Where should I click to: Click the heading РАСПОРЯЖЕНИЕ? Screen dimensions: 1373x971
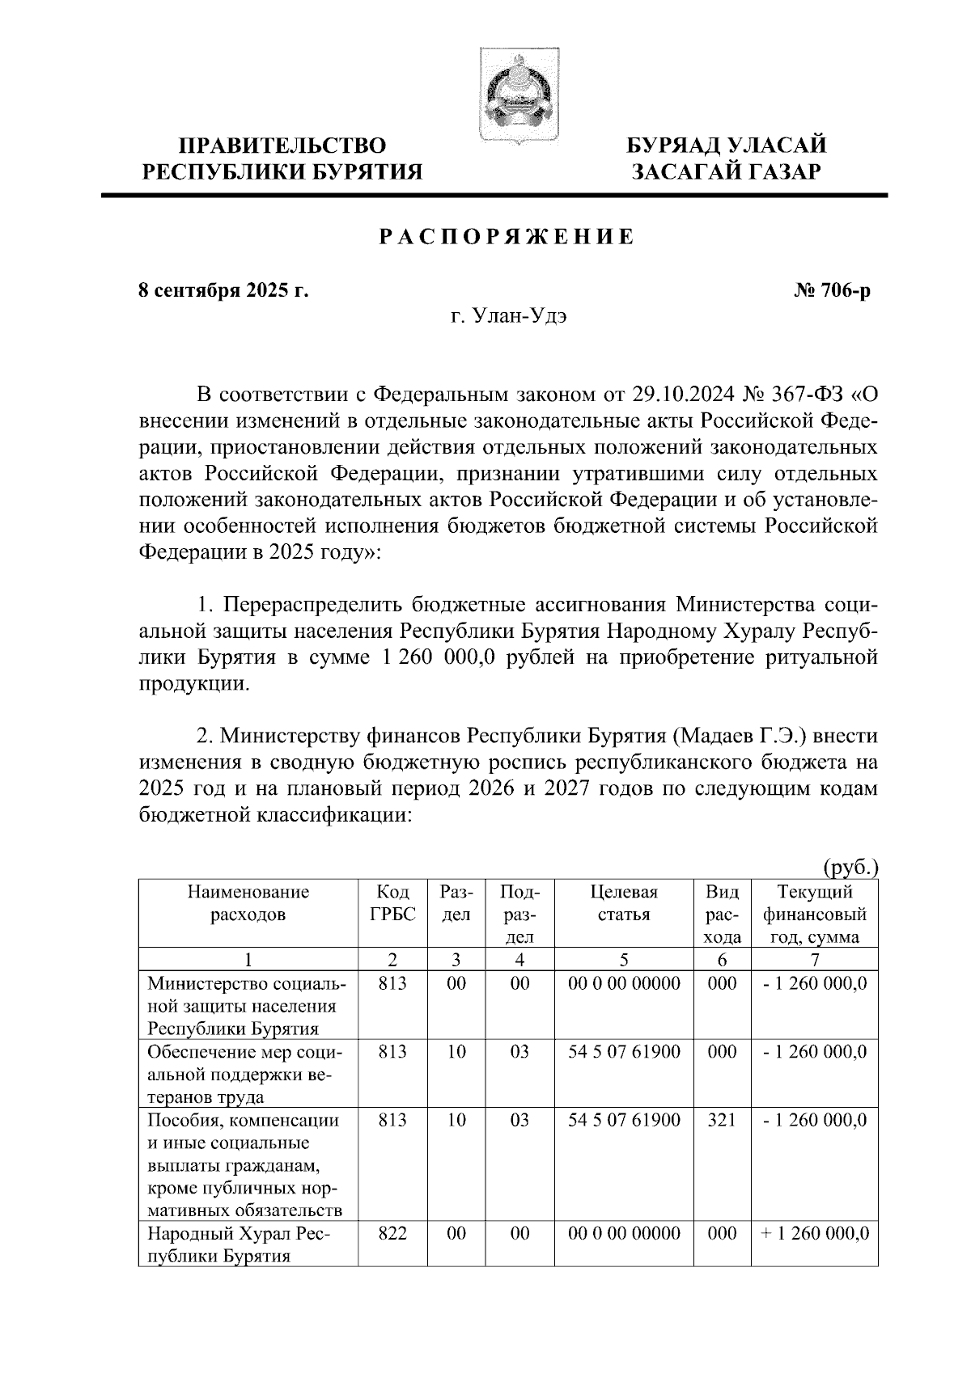coord(507,237)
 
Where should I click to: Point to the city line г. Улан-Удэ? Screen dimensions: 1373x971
coord(508,316)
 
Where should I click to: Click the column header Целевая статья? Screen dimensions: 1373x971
coord(624,903)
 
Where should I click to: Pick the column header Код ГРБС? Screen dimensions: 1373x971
coord(392,903)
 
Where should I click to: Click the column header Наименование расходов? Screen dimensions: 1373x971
coord(248,903)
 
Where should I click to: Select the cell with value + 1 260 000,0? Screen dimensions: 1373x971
coord(815,1234)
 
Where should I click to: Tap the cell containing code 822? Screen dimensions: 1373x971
coord(392,1234)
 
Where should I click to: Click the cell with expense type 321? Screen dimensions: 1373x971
coord(722,1120)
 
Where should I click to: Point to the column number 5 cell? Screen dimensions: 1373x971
coord(624,960)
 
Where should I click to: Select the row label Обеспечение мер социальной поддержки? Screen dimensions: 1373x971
coord(245,1074)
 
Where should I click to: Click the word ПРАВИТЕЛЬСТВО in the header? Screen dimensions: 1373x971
coord(282,146)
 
